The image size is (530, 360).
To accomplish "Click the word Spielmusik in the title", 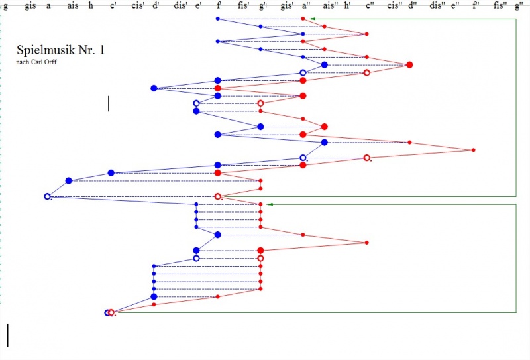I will tap(44, 50).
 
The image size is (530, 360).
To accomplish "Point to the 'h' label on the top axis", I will tap(91, 6).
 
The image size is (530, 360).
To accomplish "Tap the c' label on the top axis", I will tap(113, 6).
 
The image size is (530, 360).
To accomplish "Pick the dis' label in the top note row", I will tap(179, 6).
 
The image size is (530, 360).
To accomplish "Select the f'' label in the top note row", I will tap(476, 6).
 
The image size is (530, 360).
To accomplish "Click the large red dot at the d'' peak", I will tap(409, 64).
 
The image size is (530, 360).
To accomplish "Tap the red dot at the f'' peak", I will tap(473, 150).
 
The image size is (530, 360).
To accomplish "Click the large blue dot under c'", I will tap(111, 173).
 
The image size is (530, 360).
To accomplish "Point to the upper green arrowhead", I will tap(313, 19).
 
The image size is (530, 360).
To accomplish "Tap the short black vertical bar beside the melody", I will tap(108, 103).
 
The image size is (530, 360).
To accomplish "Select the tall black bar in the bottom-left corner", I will tap(7, 335).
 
